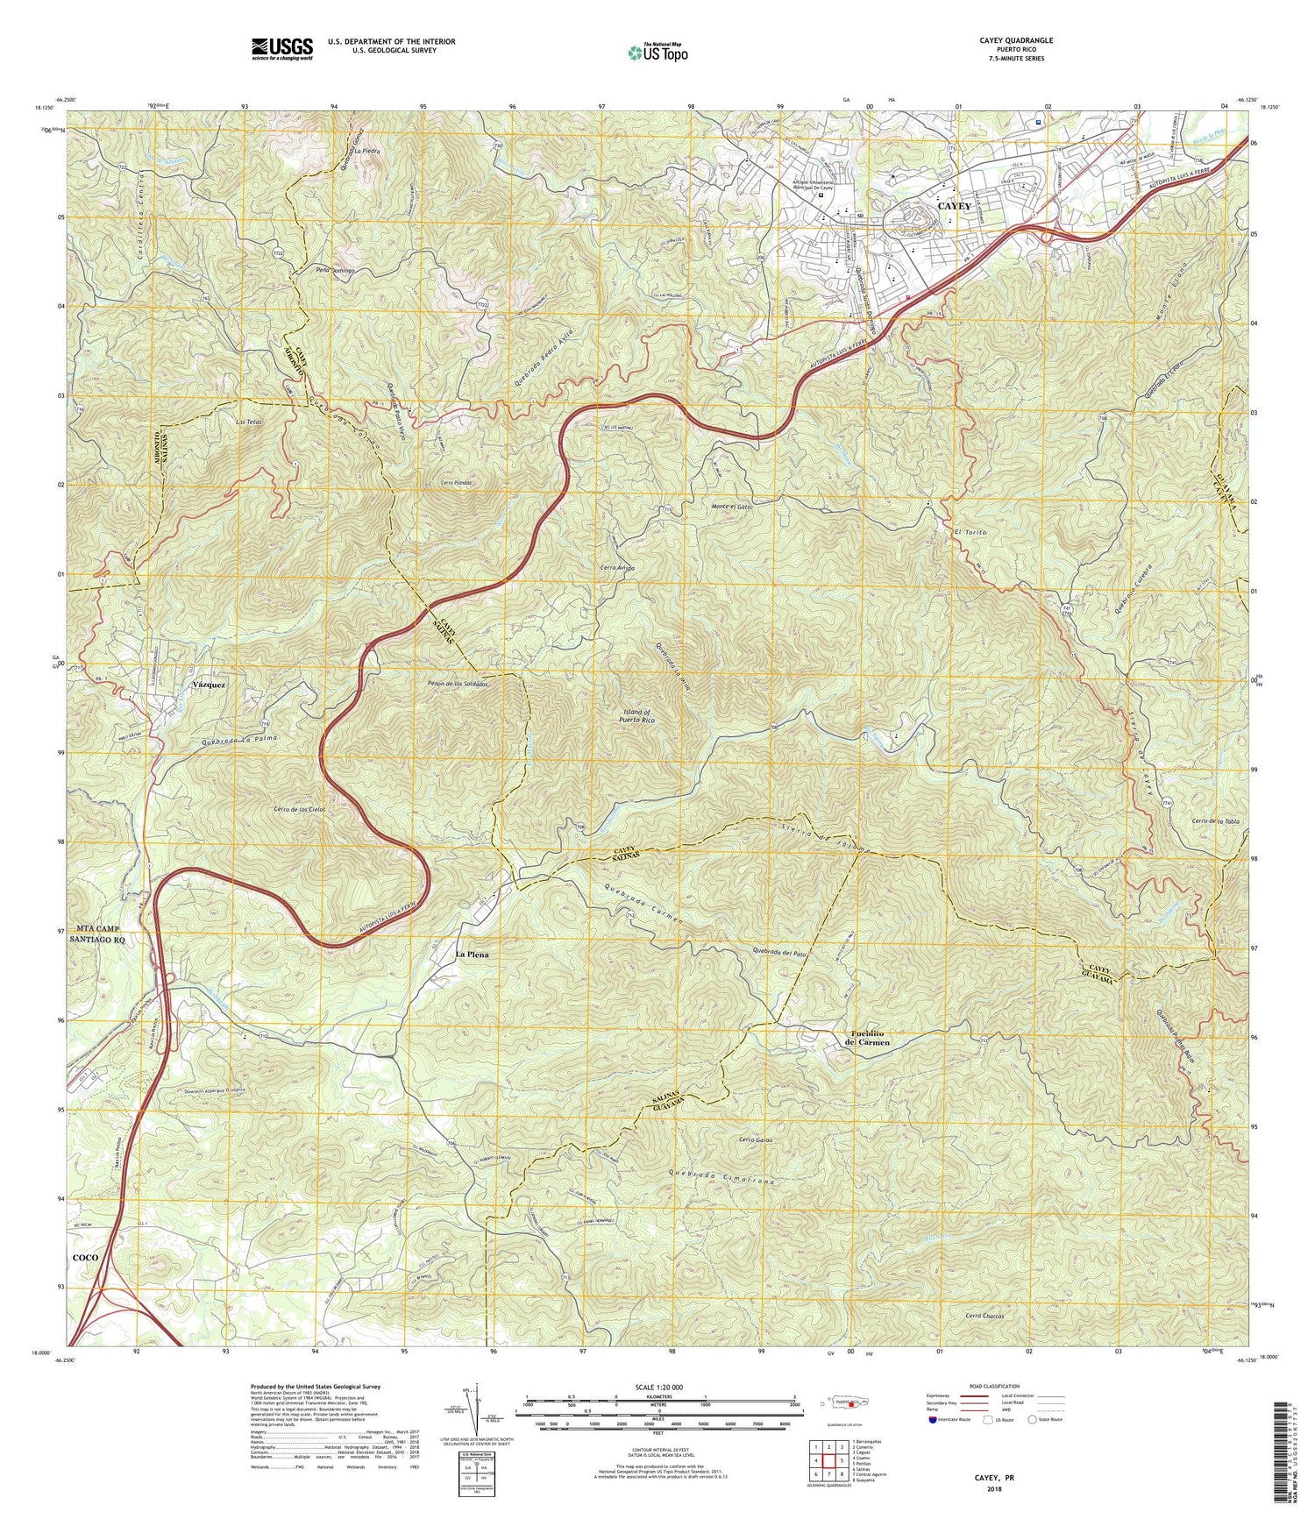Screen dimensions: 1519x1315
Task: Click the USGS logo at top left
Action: [281, 47]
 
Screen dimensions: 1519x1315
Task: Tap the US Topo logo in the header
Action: [658, 53]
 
